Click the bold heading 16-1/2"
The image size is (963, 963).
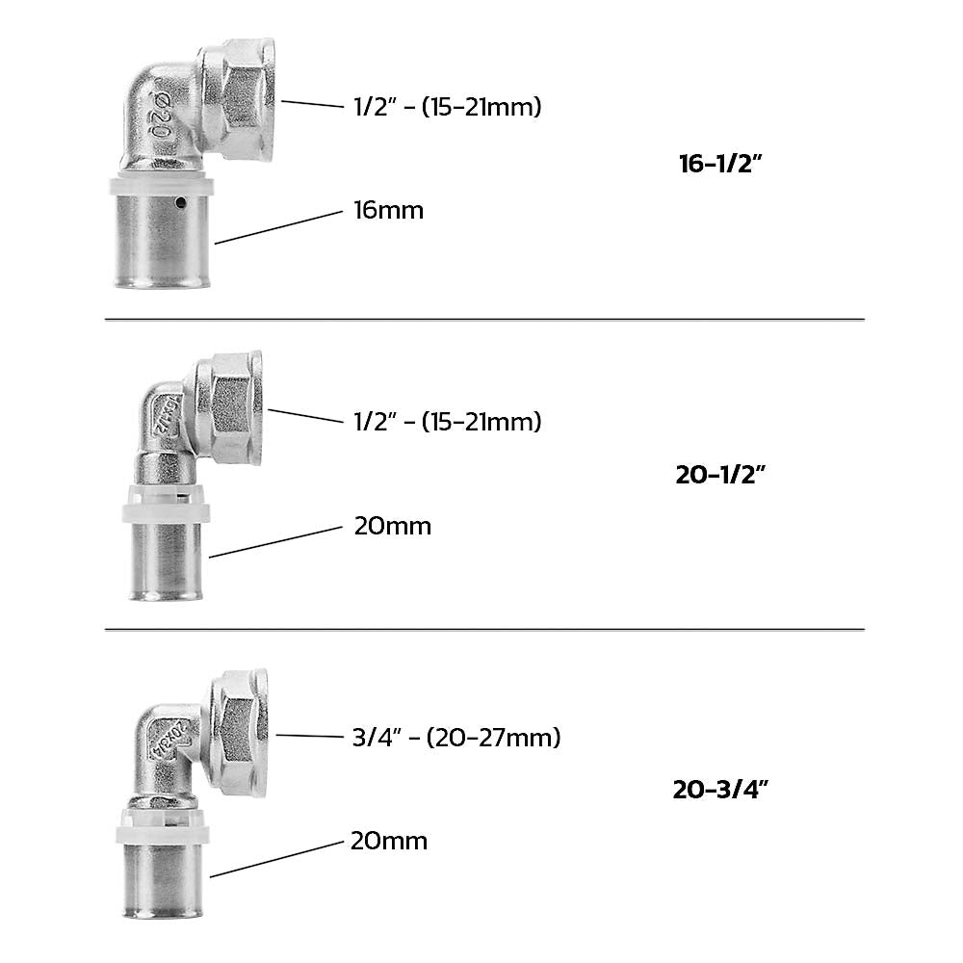[x=720, y=164]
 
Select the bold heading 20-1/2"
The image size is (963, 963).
[x=720, y=475]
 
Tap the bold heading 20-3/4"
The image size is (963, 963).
[x=720, y=790]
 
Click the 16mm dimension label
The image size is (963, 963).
[x=388, y=210]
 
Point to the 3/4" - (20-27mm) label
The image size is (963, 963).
[x=456, y=737]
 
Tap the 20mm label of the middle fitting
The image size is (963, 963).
[x=393, y=527]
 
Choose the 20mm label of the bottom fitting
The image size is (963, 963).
[x=389, y=841]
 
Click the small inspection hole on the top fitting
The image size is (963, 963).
[x=180, y=201]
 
